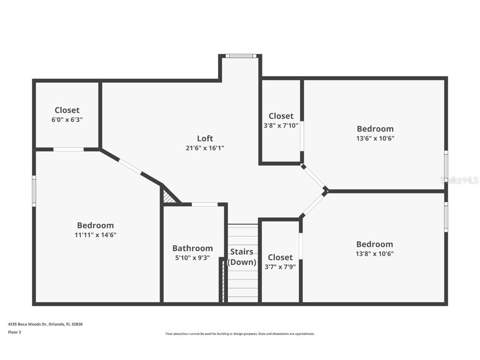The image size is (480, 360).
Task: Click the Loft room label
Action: (205, 138)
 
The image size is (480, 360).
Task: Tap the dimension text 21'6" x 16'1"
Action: (205, 148)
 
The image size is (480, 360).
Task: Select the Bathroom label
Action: (192, 248)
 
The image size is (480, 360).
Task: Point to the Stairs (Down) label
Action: (242, 257)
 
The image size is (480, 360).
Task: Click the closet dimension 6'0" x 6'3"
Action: (67, 120)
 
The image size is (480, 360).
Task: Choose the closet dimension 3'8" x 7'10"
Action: (281, 125)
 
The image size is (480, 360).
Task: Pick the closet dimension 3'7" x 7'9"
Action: (280, 267)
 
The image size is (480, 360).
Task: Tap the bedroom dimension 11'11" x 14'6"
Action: (95, 235)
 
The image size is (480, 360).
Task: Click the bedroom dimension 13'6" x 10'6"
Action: (375, 138)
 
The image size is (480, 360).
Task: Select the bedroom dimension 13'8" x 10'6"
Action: (375, 254)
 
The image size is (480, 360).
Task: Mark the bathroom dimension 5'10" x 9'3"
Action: (192, 258)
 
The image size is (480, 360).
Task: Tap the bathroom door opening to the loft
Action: (205, 204)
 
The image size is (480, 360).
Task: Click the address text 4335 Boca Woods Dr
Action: (45, 324)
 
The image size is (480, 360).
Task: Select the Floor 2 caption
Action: (14, 332)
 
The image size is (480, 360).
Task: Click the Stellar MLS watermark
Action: (460, 180)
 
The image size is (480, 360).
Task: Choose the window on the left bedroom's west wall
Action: (34, 191)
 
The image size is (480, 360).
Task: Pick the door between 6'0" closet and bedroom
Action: (68, 149)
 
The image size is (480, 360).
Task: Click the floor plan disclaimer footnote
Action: (240, 334)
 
